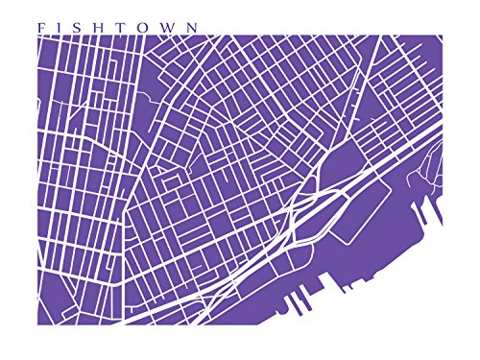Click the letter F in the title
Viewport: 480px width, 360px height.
point(40,28)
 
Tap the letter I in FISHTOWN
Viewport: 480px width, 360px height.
point(60,28)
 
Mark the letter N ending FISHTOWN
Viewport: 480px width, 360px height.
point(194,28)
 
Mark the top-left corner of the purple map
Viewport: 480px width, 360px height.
point(36,36)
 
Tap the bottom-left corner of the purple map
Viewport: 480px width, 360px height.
point(36,324)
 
